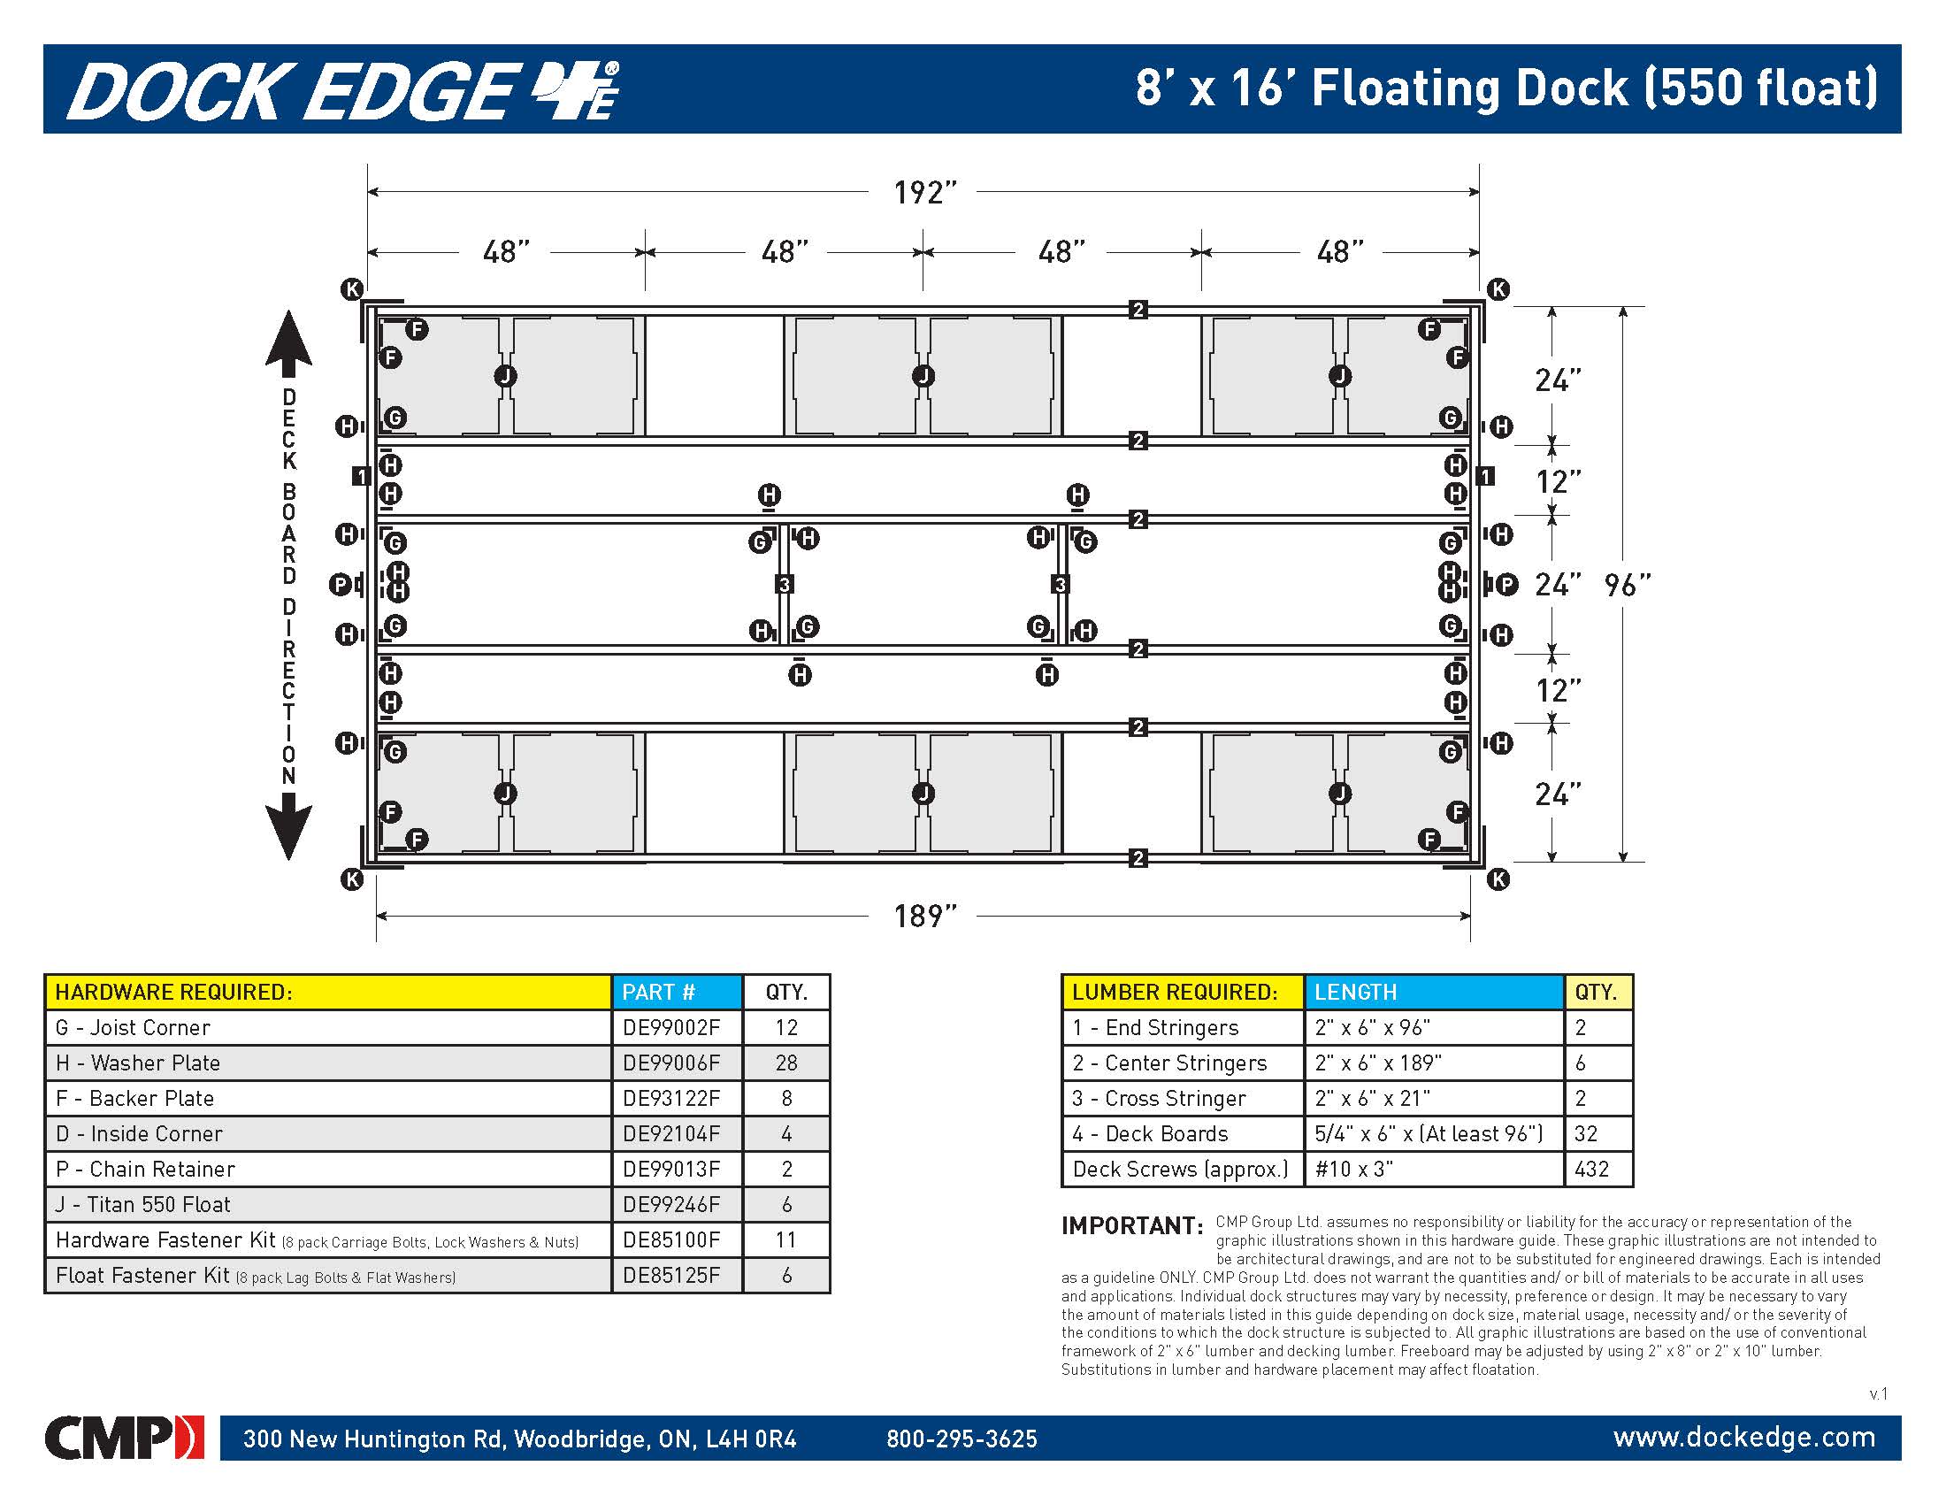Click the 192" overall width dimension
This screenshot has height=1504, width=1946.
924,193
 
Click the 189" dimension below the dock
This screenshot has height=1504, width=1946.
924,916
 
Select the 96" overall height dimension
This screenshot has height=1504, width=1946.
1627,586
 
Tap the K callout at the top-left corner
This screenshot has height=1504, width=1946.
352,288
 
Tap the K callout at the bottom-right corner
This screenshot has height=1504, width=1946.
1498,879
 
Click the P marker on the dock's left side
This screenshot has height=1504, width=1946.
341,585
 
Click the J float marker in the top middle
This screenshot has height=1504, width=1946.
923,376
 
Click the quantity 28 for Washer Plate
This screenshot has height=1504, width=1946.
785,1063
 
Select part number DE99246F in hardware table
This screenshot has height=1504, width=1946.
671,1205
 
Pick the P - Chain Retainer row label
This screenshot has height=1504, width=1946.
145,1169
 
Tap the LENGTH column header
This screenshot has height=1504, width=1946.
1355,992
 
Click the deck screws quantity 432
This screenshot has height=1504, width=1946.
1591,1169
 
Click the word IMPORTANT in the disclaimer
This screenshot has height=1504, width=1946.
1131,1226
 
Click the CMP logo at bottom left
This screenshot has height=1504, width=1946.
124,1437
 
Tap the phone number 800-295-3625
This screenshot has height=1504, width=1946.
962,1439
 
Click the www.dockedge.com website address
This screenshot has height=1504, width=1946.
1743,1437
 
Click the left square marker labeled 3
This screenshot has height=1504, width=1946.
784,585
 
